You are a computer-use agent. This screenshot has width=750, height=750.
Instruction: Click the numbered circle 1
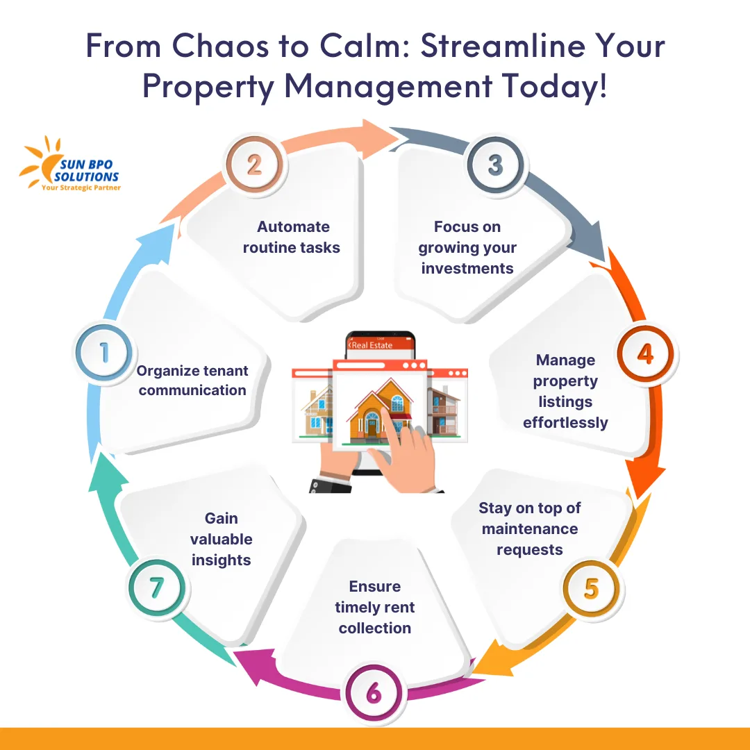[x=104, y=353]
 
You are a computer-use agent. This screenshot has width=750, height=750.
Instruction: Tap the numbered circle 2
[x=255, y=165]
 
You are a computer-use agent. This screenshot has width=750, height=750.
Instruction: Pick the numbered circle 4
[x=645, y=354]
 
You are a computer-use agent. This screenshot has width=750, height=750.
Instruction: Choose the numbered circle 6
[x=374, y=693]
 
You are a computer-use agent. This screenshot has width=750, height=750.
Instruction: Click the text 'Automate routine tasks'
[x=292, y=237]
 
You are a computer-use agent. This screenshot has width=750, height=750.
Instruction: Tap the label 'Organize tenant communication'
[x=192, y=381]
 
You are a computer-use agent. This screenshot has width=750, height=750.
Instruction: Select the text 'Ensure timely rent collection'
[x=375, y=607]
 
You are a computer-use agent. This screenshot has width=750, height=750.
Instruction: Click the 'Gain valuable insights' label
[x=222, y=539]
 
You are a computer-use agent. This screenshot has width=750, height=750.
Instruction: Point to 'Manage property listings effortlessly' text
[x=565, y=391]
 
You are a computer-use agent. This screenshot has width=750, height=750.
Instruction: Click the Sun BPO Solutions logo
[x=69, y=165]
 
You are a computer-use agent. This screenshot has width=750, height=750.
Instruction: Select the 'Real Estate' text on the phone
[x=373, y=344]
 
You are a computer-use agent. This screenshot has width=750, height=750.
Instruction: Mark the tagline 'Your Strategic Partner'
[x=81, y=187]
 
